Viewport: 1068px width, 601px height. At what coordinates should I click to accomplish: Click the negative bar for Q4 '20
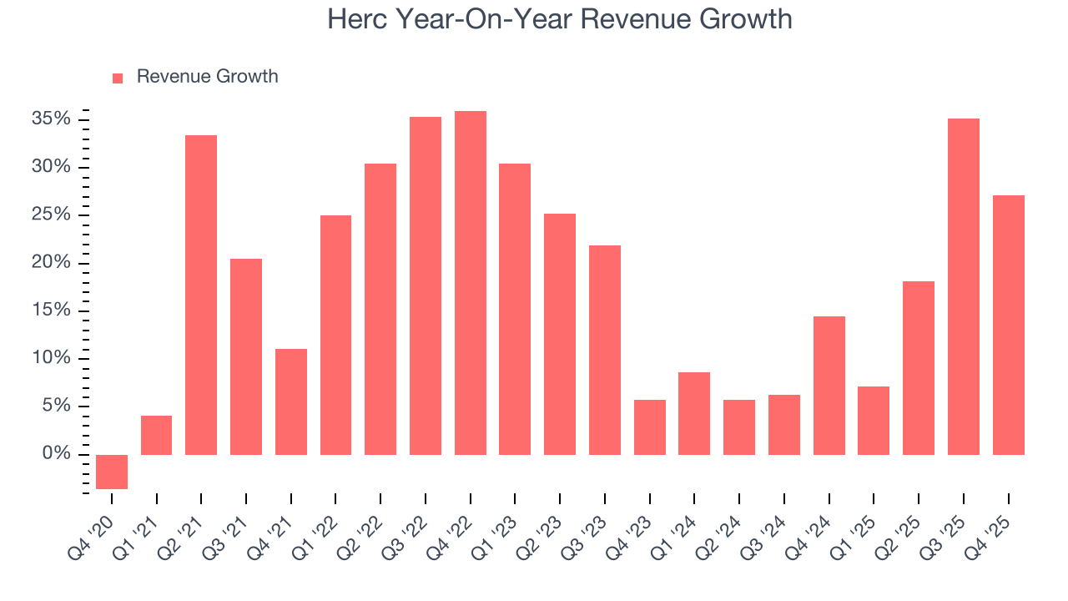click(112, 472)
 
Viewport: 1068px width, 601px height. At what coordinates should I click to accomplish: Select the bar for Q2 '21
click(201, 295)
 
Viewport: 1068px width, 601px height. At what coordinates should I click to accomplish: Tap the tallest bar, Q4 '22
click(471, 283)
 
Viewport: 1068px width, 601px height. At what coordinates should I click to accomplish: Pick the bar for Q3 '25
click(964, 286)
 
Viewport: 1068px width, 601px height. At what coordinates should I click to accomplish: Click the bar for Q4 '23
click(650, 427)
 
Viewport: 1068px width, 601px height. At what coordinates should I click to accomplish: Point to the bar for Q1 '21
click(157, 435)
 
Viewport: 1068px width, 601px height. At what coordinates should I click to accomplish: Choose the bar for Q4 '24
click(829, 386)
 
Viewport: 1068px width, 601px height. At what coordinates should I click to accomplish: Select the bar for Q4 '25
click(1009, 325)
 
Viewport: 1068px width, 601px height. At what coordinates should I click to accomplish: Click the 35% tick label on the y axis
click(51, 119)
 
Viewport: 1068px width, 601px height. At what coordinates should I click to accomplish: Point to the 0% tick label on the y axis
click(56, 454)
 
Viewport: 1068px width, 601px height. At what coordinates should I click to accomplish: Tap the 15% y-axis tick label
click(51, 311)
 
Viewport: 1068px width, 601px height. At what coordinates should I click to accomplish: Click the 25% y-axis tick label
click(51, 215)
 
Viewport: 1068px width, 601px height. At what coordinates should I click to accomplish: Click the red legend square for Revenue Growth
click(118, 78)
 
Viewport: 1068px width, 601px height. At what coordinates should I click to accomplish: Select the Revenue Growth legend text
click(207, 77)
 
